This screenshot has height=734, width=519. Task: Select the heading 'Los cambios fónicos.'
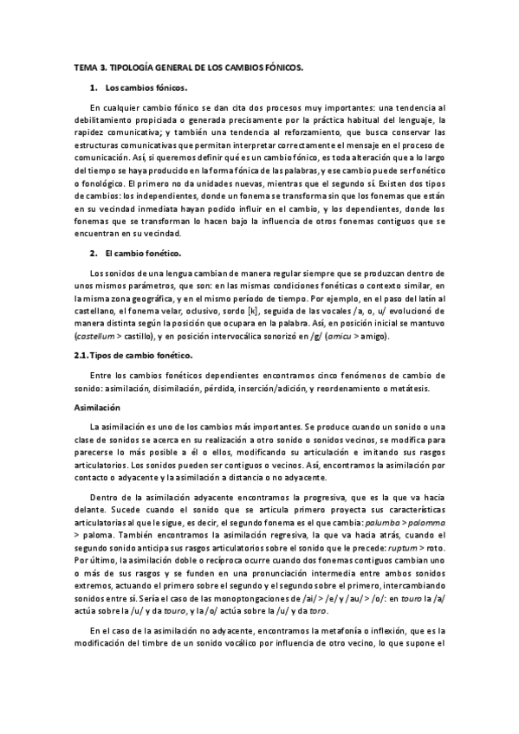pyautogui.click(x=146, y=88)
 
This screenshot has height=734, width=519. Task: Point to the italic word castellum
pyautogui.click(x=94, y=336)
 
